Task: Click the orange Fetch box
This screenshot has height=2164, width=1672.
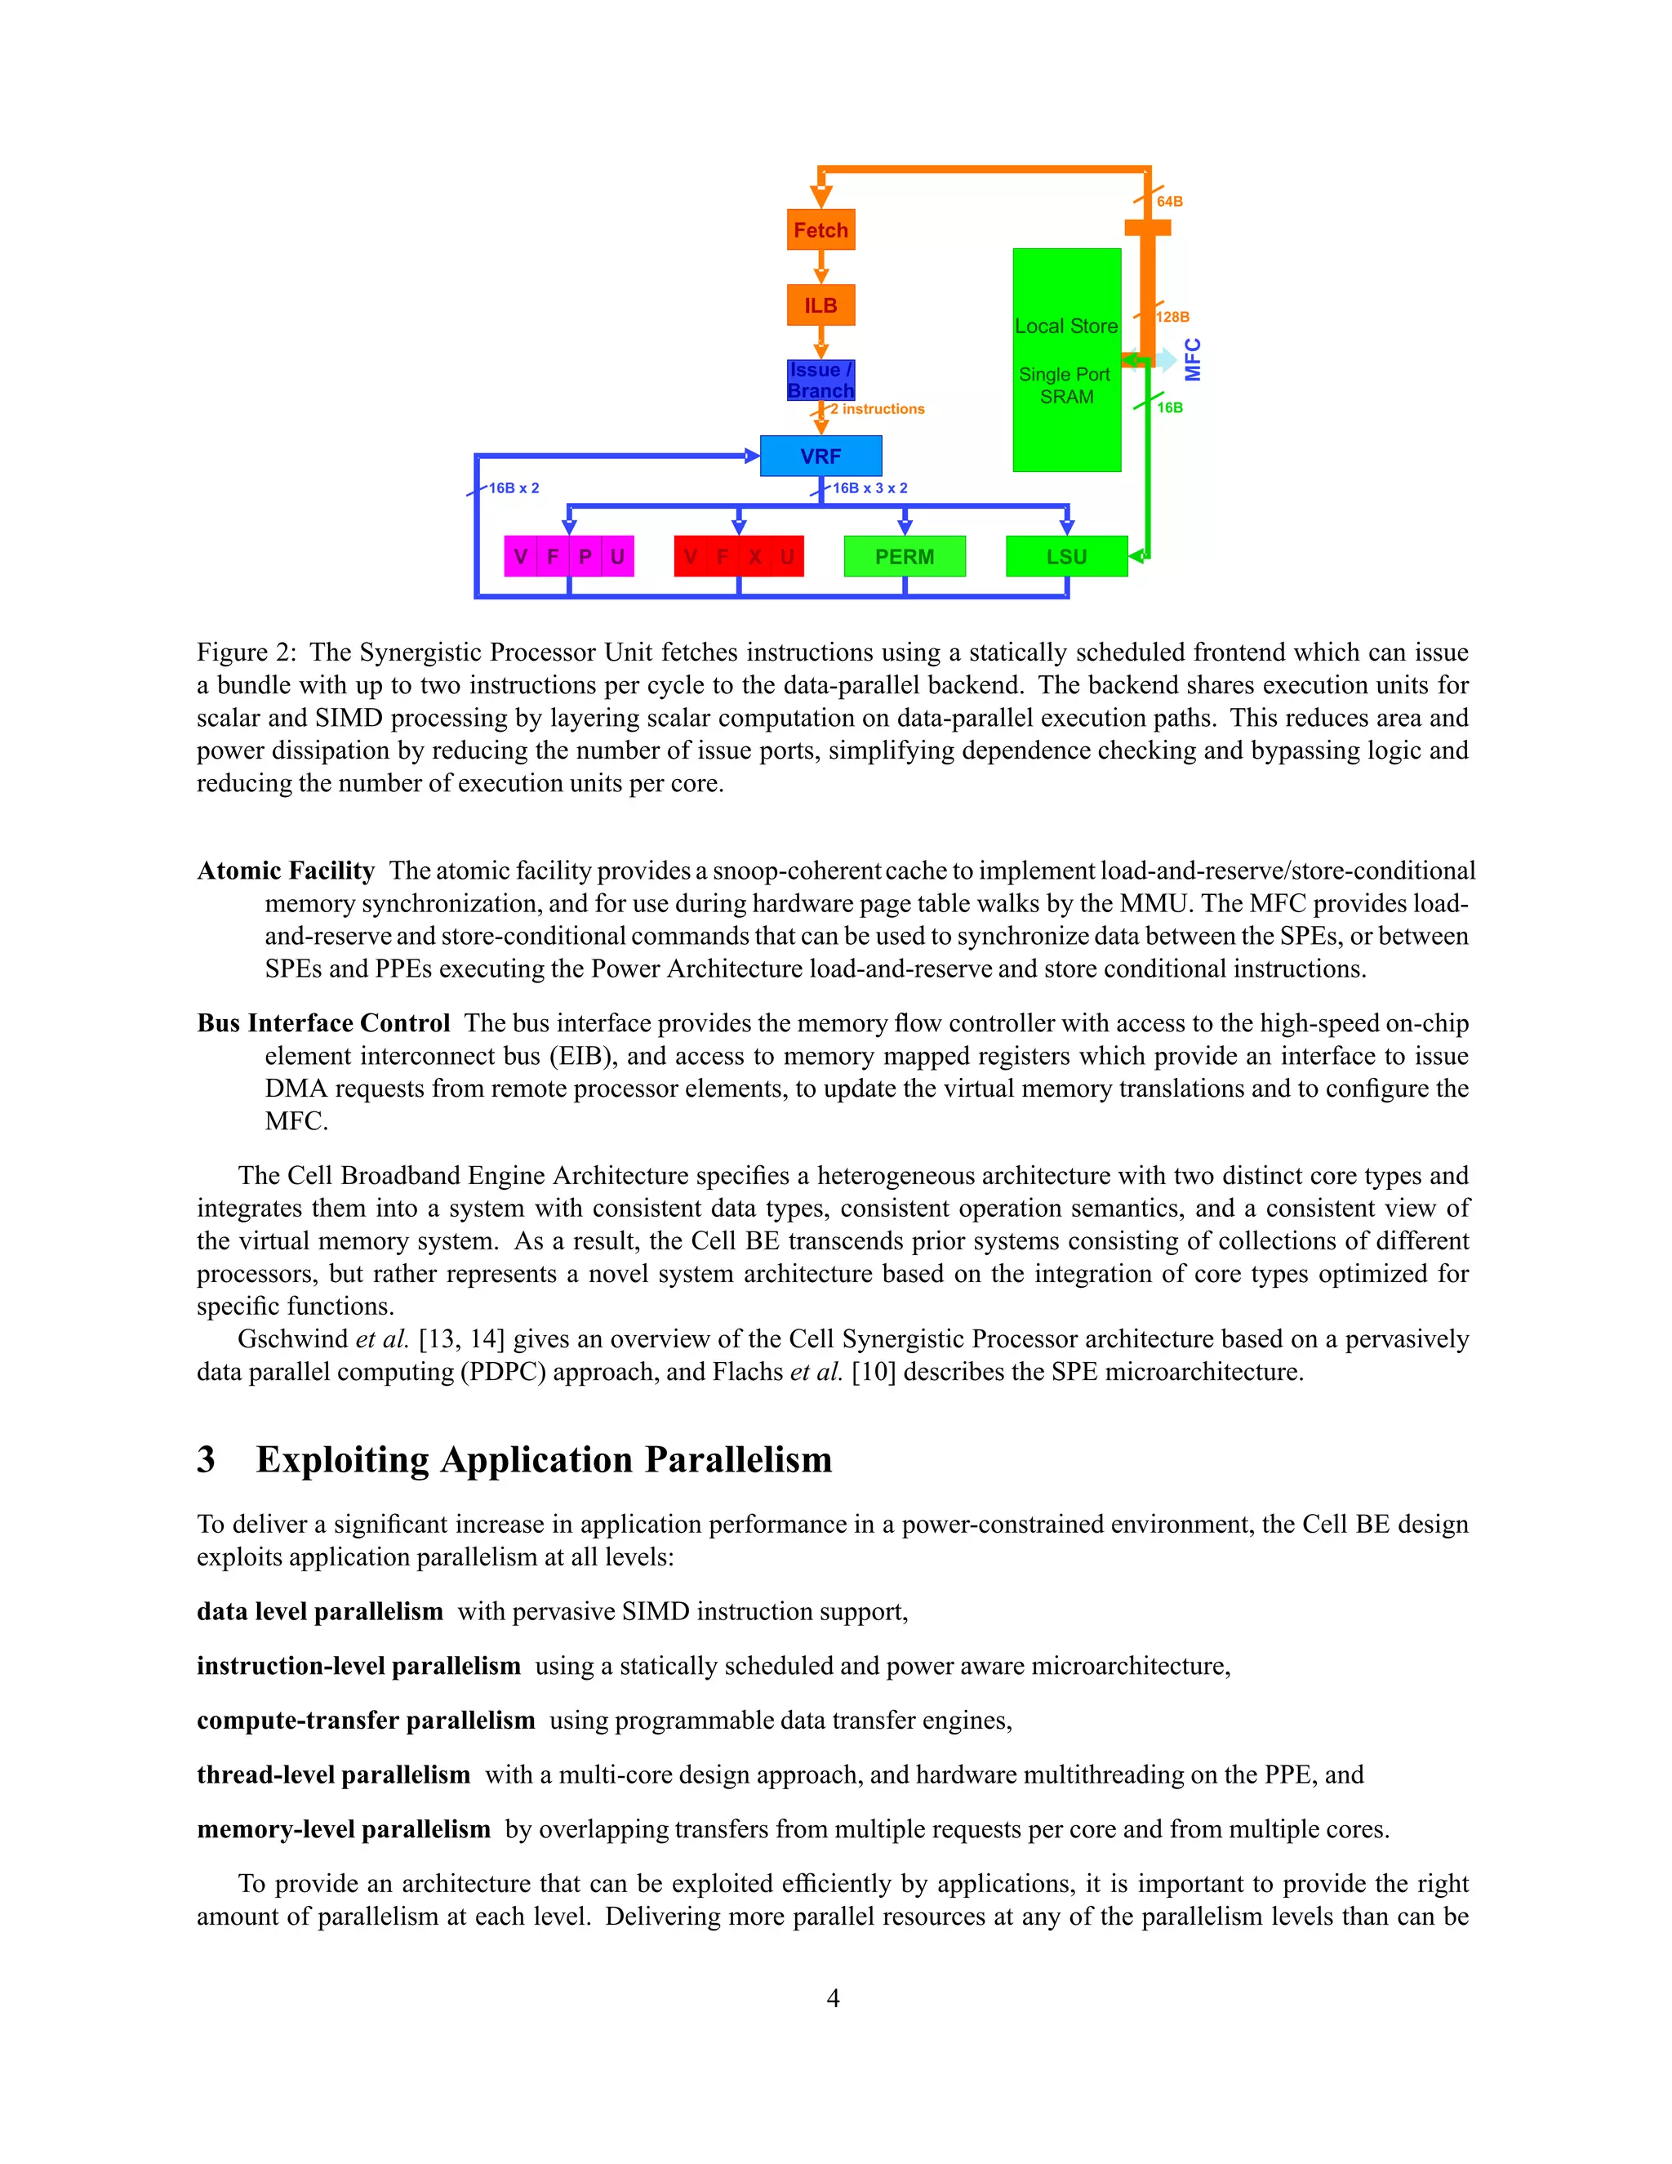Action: tap(820, 230)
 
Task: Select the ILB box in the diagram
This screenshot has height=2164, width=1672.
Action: tap(820, 305)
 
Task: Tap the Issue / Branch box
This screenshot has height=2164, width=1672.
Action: tap(820, 381)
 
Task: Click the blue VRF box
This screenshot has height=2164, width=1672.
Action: tap(820, 456)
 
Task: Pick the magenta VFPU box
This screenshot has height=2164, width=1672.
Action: tap(568, 556)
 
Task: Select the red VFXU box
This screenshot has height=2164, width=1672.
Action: tap(738, 556)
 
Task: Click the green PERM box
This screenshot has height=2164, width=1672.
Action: tap(904, 556)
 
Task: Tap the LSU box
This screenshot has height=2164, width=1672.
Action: tap(1065, 556)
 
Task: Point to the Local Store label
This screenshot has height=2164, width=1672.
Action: tap(1065, 326)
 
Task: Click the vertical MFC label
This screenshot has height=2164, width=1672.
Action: tap(1193, 359)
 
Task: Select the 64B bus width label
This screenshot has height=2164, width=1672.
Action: tap(1170, 201)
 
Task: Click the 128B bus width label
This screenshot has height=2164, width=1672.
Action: tap(1173, 317)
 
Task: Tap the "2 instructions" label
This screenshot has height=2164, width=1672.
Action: tap(878, 409)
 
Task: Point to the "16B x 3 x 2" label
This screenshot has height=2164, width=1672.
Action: tap(869, 488)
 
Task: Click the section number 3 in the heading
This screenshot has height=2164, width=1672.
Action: tap(206, 1459)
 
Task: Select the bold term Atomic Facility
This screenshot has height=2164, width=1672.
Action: tap(285, 871)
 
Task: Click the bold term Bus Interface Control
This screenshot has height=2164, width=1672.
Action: tap(323, 1023)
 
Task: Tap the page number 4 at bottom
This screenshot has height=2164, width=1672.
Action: tap(833, 1998)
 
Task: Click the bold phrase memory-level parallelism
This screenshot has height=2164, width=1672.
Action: tap(343, 1829)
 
